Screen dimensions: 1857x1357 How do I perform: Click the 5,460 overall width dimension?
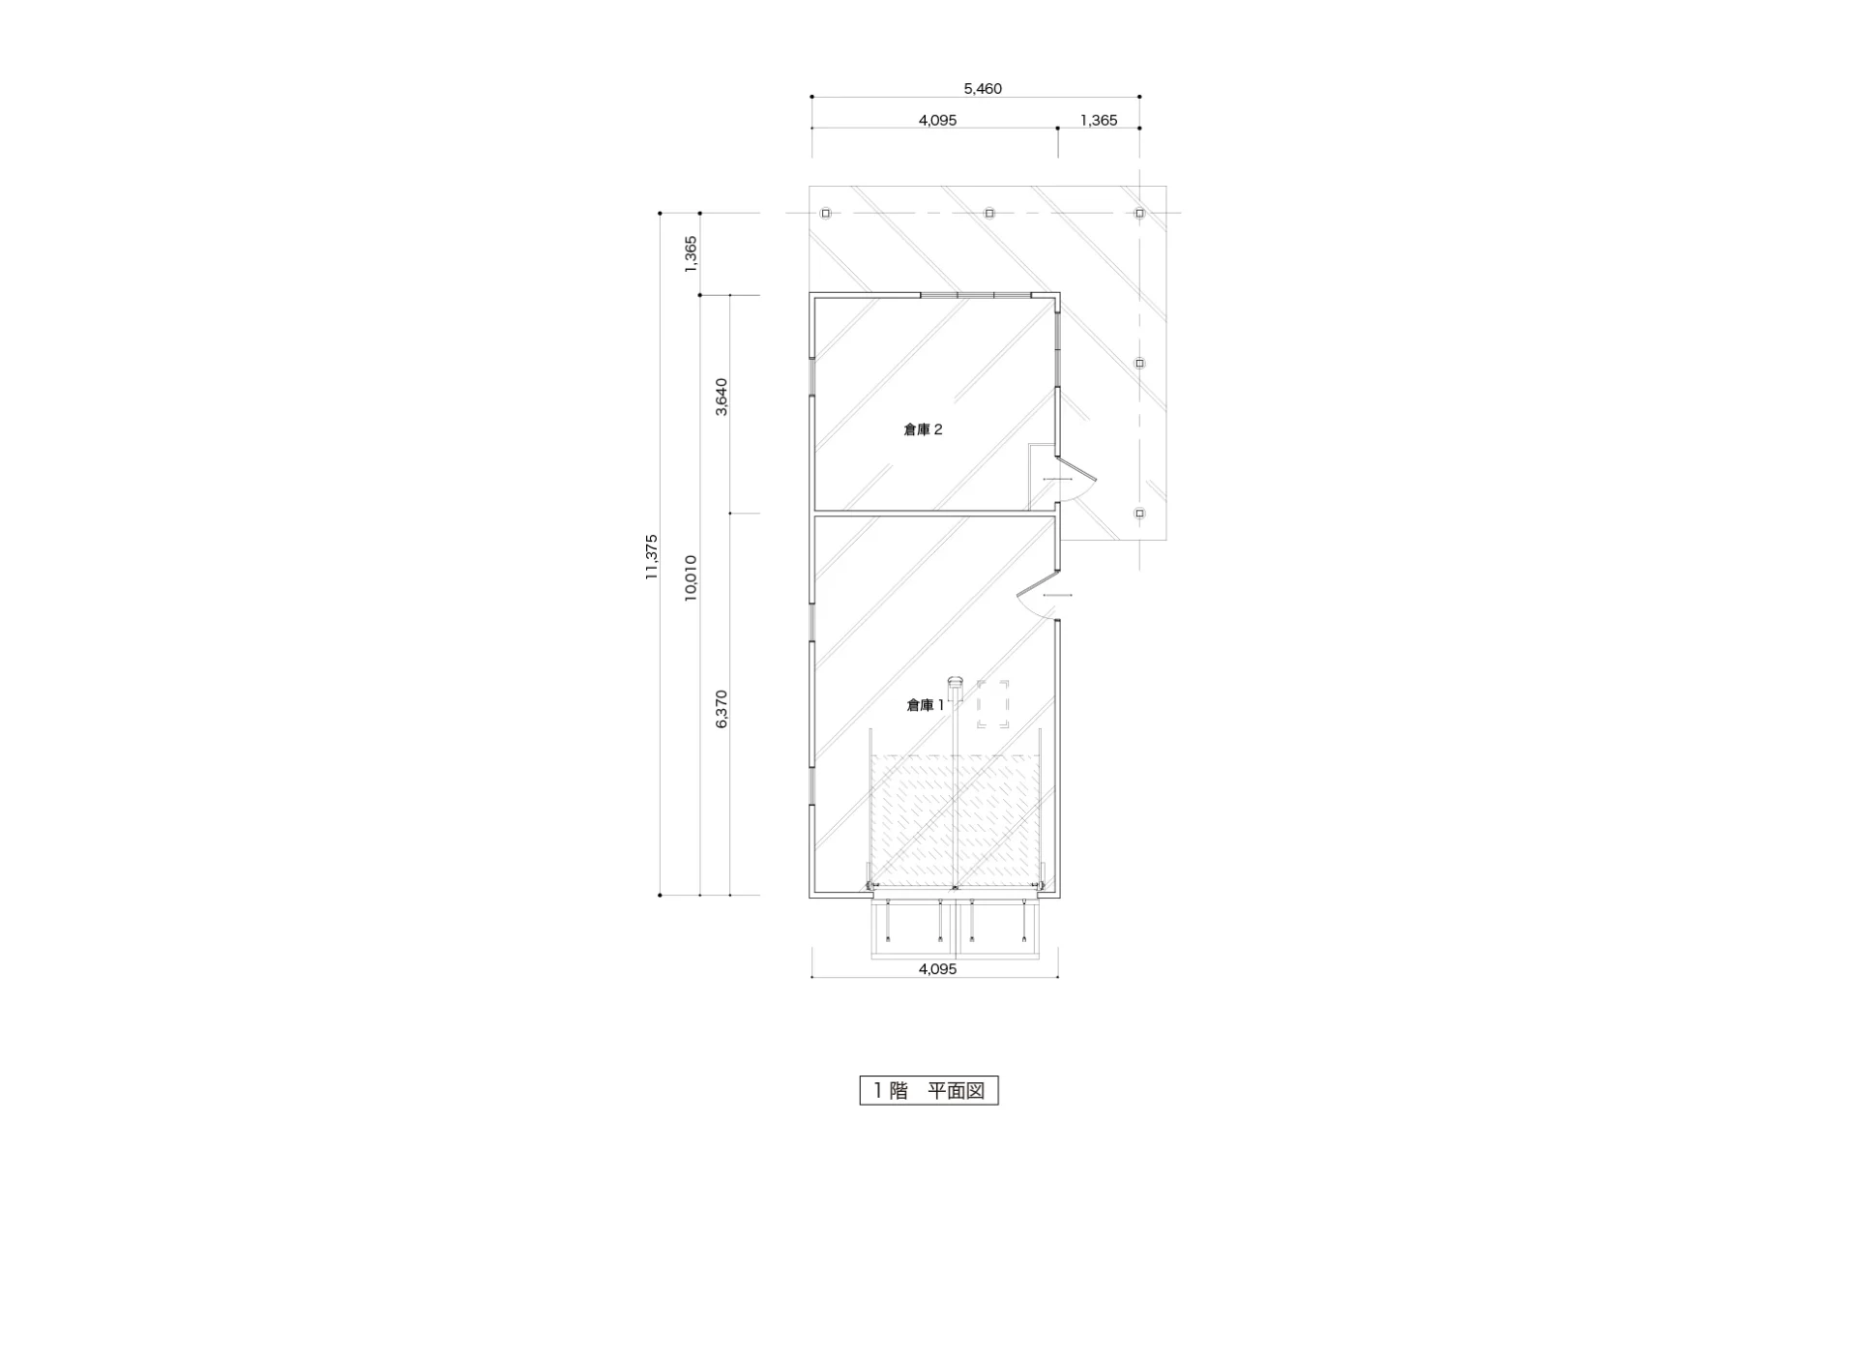pos(983,89)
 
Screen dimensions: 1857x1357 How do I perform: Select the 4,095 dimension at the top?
pos(937,121)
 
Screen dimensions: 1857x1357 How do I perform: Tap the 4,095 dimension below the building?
pos(937,968)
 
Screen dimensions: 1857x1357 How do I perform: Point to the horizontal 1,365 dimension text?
pos(1099,121)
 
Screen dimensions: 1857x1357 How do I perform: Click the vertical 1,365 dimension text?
pos(691,253)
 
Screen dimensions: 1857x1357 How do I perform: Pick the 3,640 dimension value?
pos(722,397)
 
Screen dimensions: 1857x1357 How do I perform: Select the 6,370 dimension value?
pos(722,709)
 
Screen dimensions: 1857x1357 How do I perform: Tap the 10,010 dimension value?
pos(691,577)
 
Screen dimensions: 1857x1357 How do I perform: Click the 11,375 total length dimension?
pos(651,556)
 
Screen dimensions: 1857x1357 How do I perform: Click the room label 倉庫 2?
pos(923,429)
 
